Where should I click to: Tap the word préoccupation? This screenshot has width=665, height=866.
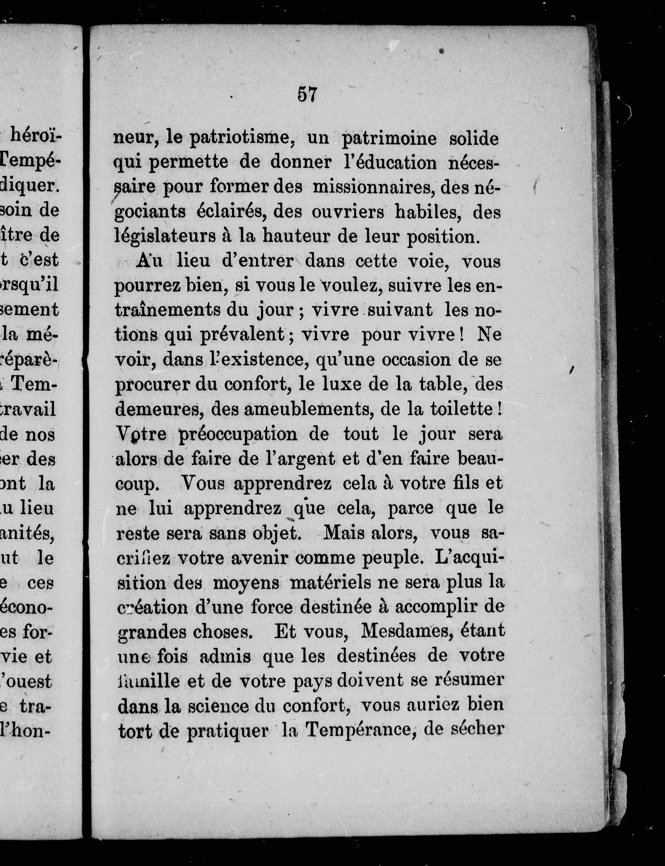click(238, 434)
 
